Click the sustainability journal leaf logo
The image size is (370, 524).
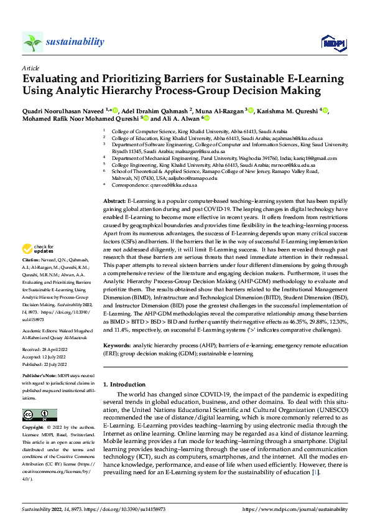[32, 42]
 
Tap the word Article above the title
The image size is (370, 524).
[30, 68]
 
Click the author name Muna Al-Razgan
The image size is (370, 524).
[222, 111]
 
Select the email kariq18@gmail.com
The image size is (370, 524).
[304, 159]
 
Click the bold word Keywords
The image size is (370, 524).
[116, 344]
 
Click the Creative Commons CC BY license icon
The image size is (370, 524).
[39, 415]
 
